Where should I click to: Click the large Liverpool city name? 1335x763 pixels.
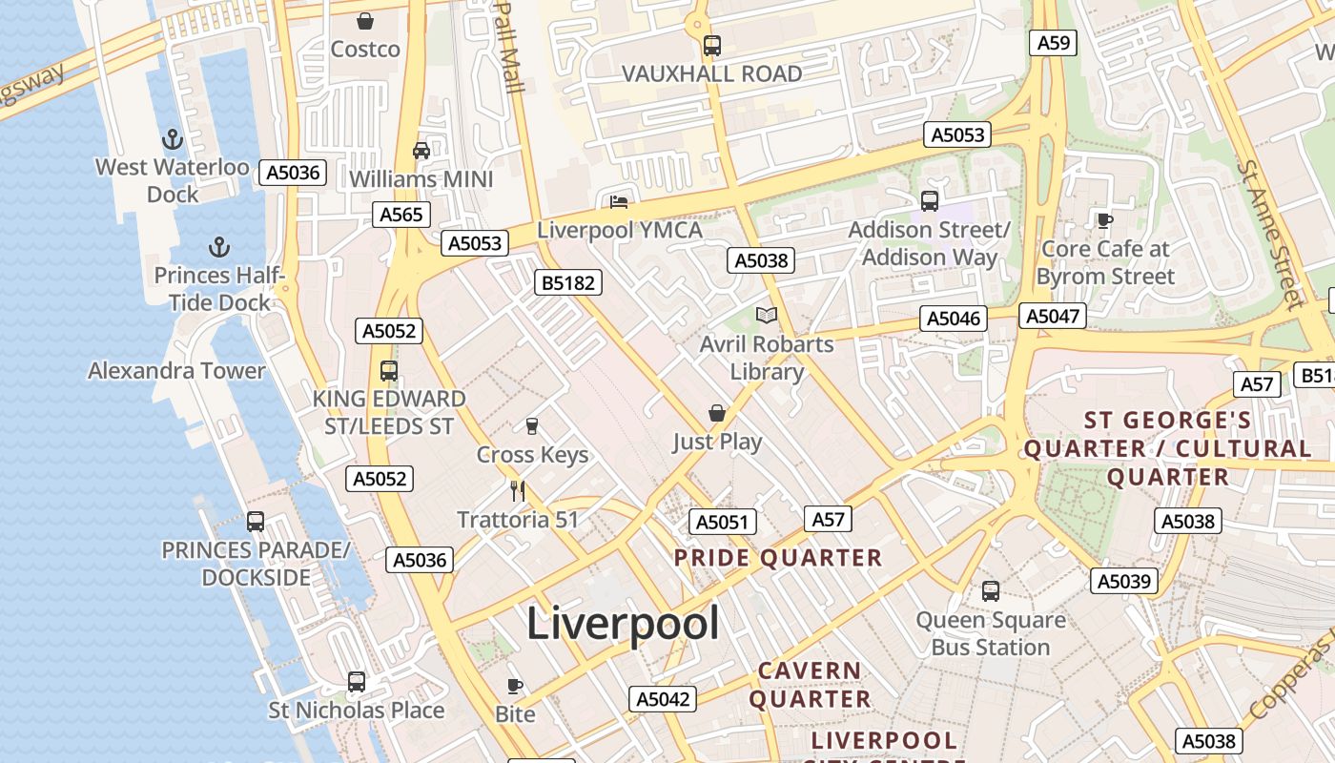click(x=623, y=625)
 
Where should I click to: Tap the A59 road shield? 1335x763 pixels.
click(x=1053, y=42)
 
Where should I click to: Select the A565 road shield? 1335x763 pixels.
click(x=400, y=215)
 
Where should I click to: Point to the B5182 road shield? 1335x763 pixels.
click(x=568, y=282)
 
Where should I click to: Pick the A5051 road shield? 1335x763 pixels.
click(x=722, y=522)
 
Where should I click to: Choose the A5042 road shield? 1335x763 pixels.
click(x=663, y=699)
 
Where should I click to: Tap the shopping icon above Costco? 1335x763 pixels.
click(x=364, y=21)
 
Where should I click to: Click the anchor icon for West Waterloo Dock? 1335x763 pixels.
click(x=173, y=140)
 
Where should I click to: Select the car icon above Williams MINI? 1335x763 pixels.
click(x=421, y=151)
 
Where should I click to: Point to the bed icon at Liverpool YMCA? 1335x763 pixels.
click(x=619, y=201)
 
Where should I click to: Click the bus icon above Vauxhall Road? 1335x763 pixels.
click(x=711, y=45)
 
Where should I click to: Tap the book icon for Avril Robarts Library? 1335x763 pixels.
click(x=767, y=315)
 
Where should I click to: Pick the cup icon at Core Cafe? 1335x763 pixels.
click(x=1105, y=220)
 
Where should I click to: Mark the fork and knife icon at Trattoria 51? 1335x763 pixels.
click(x=518, y=490)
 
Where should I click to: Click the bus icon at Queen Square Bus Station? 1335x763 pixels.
click(x=991, y=591)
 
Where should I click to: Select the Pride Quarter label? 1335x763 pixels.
click(x=778, y=558)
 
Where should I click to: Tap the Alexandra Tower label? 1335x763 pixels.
click(x=176, y=371)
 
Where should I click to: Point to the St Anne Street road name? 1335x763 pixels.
click(x=1269, y=234)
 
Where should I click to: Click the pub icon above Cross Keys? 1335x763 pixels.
click(x=532, y=425)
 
